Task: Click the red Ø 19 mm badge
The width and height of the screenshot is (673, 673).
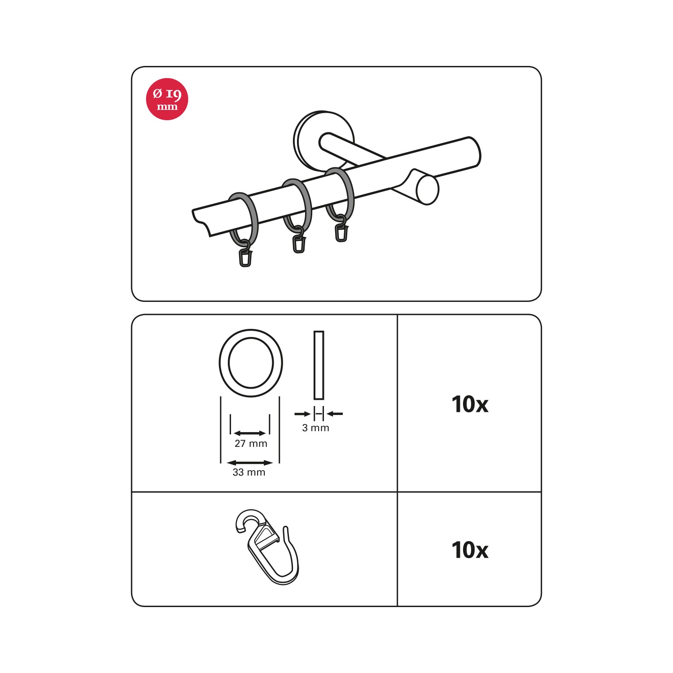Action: pos(167,99)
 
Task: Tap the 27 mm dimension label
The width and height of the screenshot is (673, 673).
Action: pos(251,444)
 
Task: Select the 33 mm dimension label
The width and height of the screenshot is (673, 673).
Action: pos(249,472)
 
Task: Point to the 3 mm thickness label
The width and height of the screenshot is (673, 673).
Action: pos(316,428)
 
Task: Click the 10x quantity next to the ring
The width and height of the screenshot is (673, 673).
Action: pos(470,404)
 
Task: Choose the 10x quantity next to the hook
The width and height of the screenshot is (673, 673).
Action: pos(470,550)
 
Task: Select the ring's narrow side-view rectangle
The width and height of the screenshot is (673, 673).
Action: pos(319,365)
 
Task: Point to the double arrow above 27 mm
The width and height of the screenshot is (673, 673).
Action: pos(250,433)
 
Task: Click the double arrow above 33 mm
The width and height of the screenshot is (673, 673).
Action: pos(250,463)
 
